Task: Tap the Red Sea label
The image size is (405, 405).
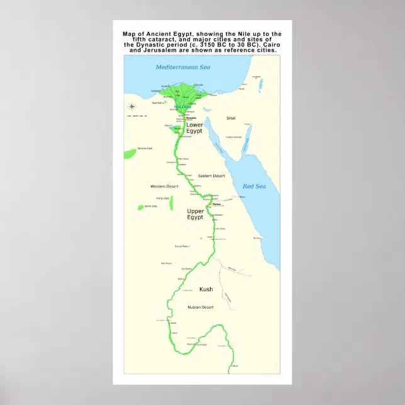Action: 256,186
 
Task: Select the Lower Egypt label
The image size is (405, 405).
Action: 194,128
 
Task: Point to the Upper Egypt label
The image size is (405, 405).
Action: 195,214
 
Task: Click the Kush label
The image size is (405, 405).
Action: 206,289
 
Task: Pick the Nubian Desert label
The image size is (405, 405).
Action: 201,307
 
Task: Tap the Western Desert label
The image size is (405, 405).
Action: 164,186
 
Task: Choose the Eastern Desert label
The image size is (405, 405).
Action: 211,175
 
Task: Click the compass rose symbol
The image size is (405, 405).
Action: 132,106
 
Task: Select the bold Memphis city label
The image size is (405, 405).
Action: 192,118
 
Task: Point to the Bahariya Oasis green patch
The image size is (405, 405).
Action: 130,153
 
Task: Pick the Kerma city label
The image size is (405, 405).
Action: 174,333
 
